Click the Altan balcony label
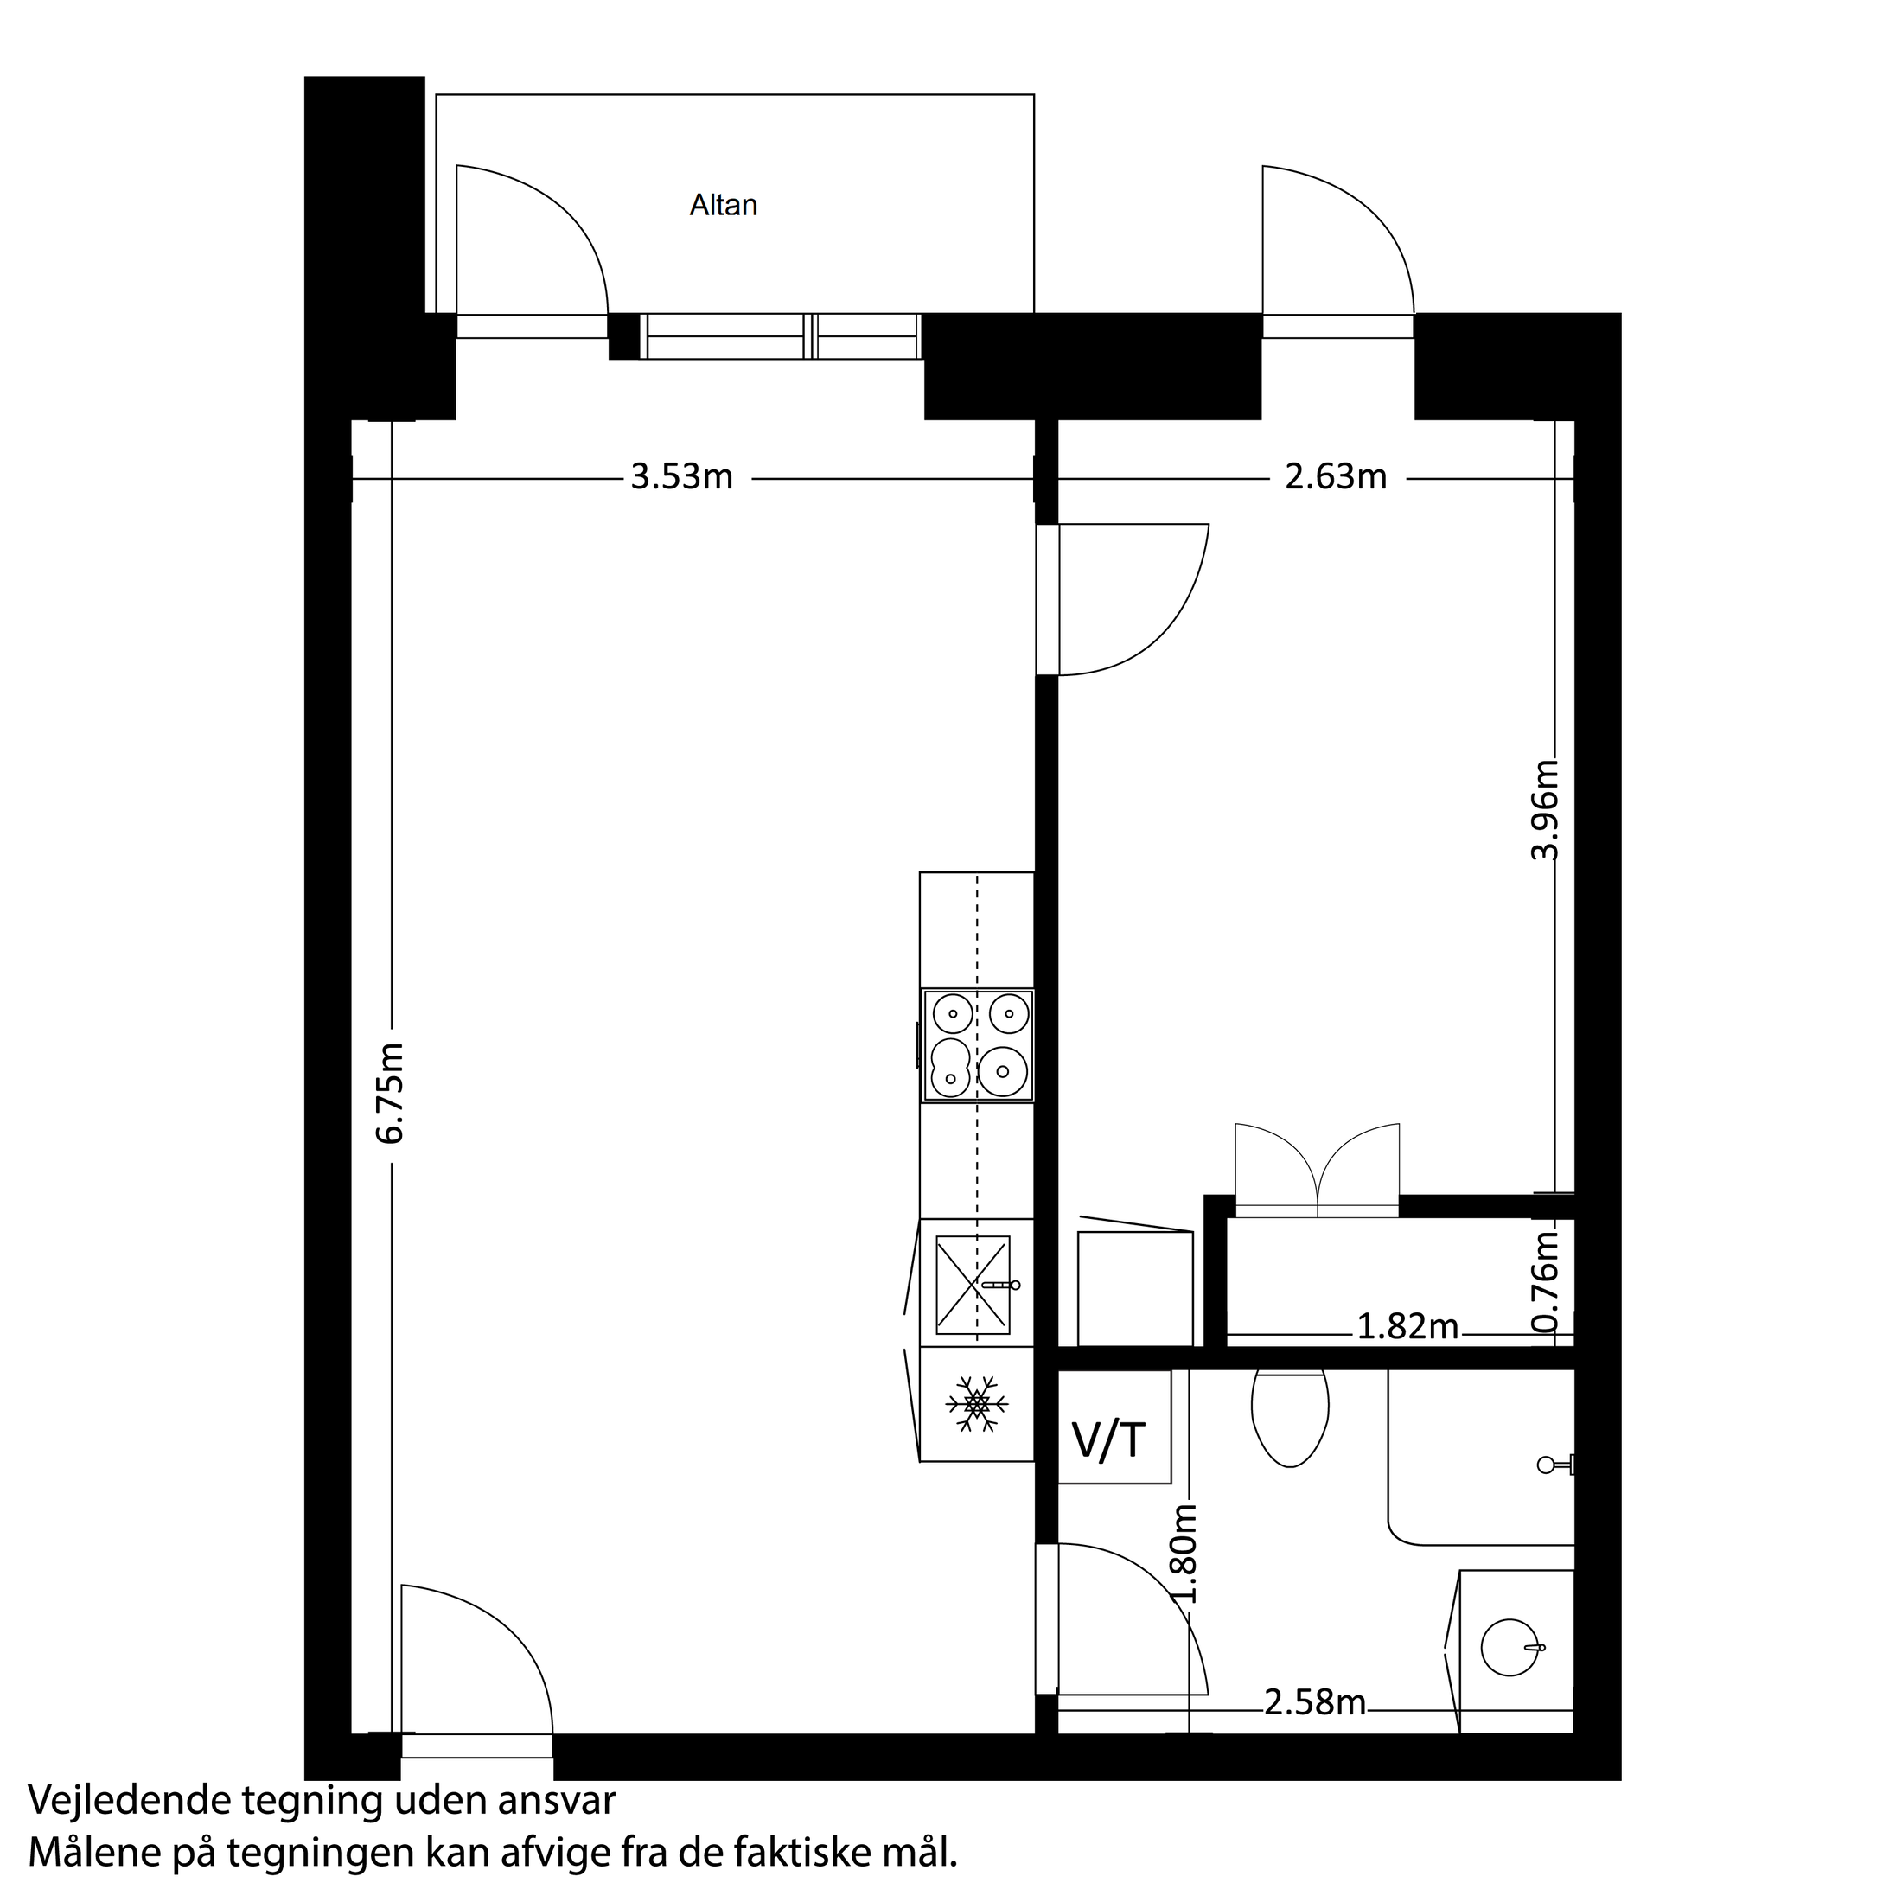point(723,205)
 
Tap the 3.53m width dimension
point(681,477)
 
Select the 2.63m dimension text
point(1335,477)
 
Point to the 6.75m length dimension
point(391,1093)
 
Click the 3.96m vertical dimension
point(1545,809)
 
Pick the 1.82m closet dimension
point(1407,1327)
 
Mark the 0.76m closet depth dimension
point(1547,1280)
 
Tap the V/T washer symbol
point(1108,1439)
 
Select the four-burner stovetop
point(978,1045)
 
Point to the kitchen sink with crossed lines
point(973,1285)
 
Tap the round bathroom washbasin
point(1509,1647)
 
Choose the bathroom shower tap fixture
point(1553,1465)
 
